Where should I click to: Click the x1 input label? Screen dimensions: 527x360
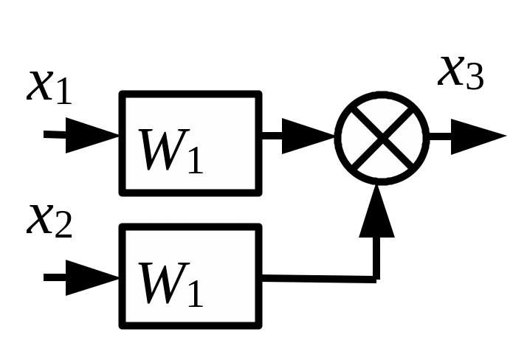point(49,87)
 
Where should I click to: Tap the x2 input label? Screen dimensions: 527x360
point(49,221)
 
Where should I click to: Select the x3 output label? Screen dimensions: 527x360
point(461,73)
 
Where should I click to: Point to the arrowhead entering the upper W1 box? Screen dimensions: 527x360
point(92,135)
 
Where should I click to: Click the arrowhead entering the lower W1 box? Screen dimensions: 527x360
point(92,277)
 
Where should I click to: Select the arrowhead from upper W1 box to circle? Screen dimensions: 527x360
point(309,136)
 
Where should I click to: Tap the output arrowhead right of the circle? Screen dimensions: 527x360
point(478,136)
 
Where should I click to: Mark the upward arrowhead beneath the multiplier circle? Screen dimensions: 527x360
point(376,211)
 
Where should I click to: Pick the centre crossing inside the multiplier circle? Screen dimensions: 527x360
point(382,137)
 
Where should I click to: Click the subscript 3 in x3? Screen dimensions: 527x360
point(475,77)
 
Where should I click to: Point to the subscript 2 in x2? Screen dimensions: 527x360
point(63,225)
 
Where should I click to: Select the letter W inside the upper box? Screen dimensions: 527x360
point(164,150)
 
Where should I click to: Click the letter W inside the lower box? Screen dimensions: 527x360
point(164,283)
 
